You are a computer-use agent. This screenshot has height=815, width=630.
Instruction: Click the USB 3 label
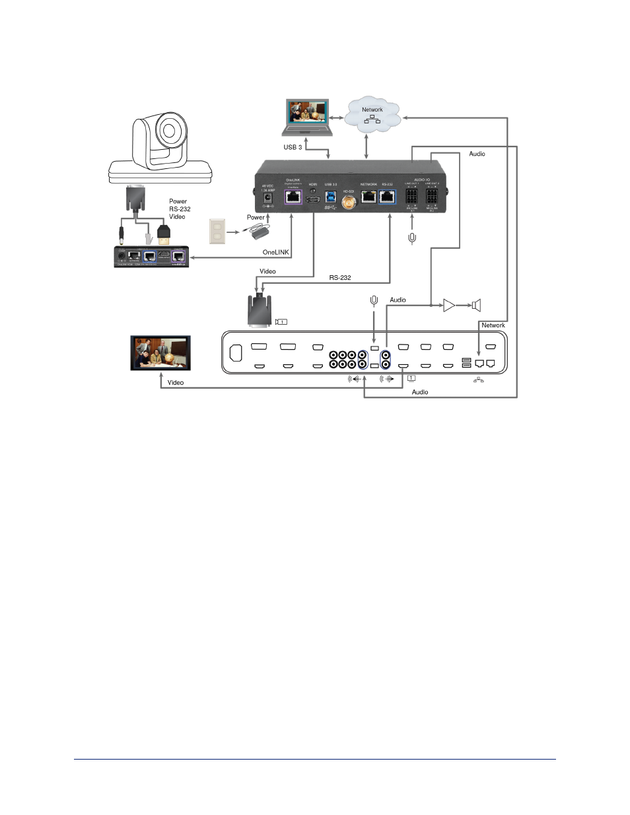pyautogui.click(x=293, y=147)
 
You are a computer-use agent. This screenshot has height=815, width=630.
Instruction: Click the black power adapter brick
pyautogui.click(x=259, y=232)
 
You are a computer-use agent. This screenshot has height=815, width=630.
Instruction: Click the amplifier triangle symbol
pyautogui.click(x=449, y=305)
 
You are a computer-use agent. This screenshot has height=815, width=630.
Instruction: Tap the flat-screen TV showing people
pyautogui.click(x=160, y=353)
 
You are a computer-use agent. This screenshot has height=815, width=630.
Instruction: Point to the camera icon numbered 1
pyautogui.click(x=281, y=322)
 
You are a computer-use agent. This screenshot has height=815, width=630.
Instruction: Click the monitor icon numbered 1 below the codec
pyautogui.click(x=412, y=377)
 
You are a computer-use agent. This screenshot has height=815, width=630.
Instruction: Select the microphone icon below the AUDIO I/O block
pyautogui.click(x=412, y=238)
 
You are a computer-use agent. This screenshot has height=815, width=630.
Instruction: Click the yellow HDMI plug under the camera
pyautogui.click(x=164, y=232)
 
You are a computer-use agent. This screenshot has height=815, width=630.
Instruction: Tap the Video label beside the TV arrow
pyautogui.click(x=176, y=383)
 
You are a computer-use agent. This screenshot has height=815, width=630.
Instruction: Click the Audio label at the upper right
pyautogui.click(x=477, y=154)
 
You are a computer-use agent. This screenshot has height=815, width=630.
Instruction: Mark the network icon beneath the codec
pyautogui.click(x=479, y=380)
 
